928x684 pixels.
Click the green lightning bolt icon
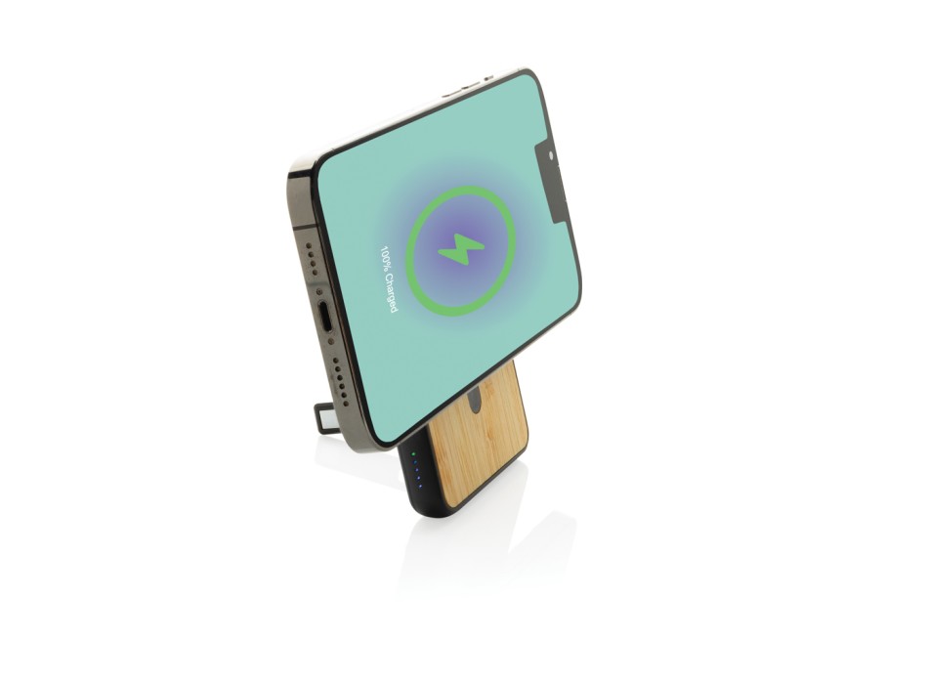[x=461, y=249]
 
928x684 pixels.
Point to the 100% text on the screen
[x=385, y=258]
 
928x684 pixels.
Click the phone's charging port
[x=326, y=318]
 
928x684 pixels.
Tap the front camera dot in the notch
[x=550, y=155]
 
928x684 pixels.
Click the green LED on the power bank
[x=414, y=454]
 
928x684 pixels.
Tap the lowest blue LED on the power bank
[x=421, y=487]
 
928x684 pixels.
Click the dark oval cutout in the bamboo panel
[x=475, y=403]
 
